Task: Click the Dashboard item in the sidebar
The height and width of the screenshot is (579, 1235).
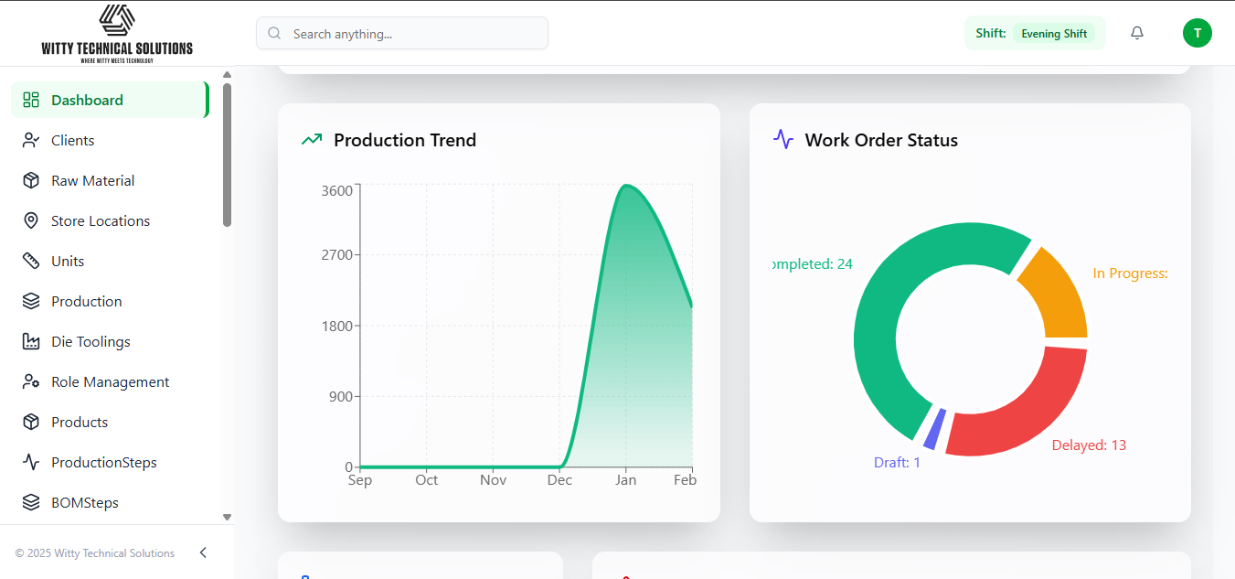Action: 87,101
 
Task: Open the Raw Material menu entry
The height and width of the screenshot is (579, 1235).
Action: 92,181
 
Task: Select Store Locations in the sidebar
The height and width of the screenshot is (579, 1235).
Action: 100,221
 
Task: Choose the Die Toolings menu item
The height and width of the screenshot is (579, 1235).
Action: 90,342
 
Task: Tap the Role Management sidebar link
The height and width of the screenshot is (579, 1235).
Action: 110,382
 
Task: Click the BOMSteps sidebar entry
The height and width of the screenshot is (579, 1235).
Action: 84,503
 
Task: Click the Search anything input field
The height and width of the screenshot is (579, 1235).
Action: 402,34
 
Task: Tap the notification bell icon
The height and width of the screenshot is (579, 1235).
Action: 1137,33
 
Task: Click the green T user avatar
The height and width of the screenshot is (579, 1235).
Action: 1197,33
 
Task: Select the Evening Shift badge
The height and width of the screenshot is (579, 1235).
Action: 1054,34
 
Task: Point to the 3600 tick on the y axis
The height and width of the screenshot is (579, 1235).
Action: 336,191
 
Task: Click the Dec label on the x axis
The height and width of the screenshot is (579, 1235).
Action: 559,480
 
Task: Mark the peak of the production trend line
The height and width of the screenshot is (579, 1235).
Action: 626,186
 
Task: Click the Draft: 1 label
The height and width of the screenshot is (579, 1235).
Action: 897,463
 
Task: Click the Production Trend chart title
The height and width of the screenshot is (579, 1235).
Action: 404,140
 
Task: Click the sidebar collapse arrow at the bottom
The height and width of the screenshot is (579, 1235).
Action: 203,552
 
